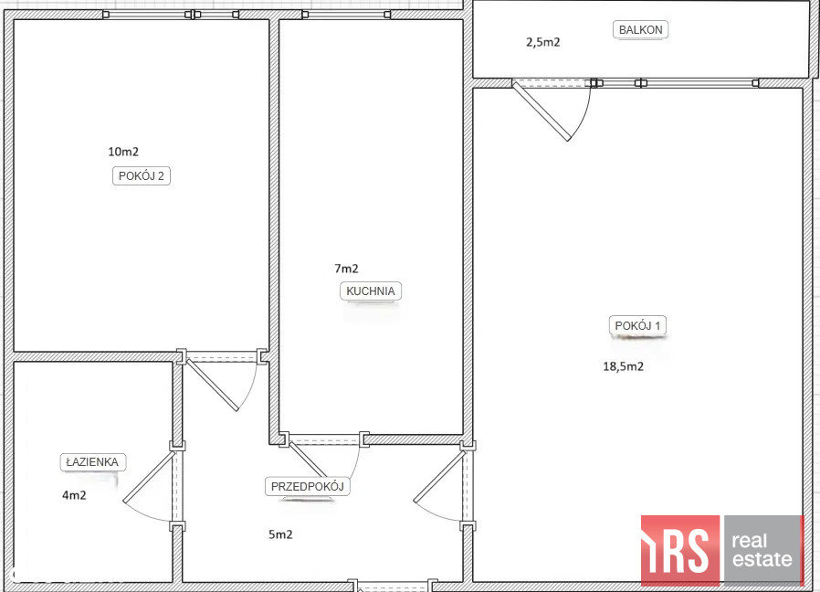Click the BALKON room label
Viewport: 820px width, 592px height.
tap(640, 30)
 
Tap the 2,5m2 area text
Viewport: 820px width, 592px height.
tap(542, 42)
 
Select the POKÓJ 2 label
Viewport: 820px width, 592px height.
tap(142, 176)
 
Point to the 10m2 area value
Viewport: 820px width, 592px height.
tap(123, 152)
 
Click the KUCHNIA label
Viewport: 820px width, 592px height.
tap(370, 291)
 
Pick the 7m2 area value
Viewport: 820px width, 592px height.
tap(346, 269)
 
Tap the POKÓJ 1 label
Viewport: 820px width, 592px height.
tap(637, 325)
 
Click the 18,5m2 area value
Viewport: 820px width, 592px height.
tap(624, 366)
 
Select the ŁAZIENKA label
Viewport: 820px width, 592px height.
tap(92, 462)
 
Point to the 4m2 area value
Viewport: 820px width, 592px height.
tap(74, 495)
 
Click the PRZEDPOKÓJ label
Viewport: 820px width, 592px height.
tap(308, 486)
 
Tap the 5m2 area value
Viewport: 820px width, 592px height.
tap(280, 534)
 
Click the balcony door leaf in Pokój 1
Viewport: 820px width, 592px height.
tap(541, 111)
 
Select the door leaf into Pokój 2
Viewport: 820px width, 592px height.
tap(213, 385)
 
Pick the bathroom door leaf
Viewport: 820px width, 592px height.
tap(149, 476)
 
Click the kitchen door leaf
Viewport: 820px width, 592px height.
tap(308, 460)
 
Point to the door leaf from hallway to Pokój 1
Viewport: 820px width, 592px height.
tap(439, 476)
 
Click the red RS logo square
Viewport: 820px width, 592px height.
tap(680, 550)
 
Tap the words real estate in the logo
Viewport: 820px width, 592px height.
tap(762, 550)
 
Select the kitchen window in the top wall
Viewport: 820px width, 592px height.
tap(346, 15)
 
